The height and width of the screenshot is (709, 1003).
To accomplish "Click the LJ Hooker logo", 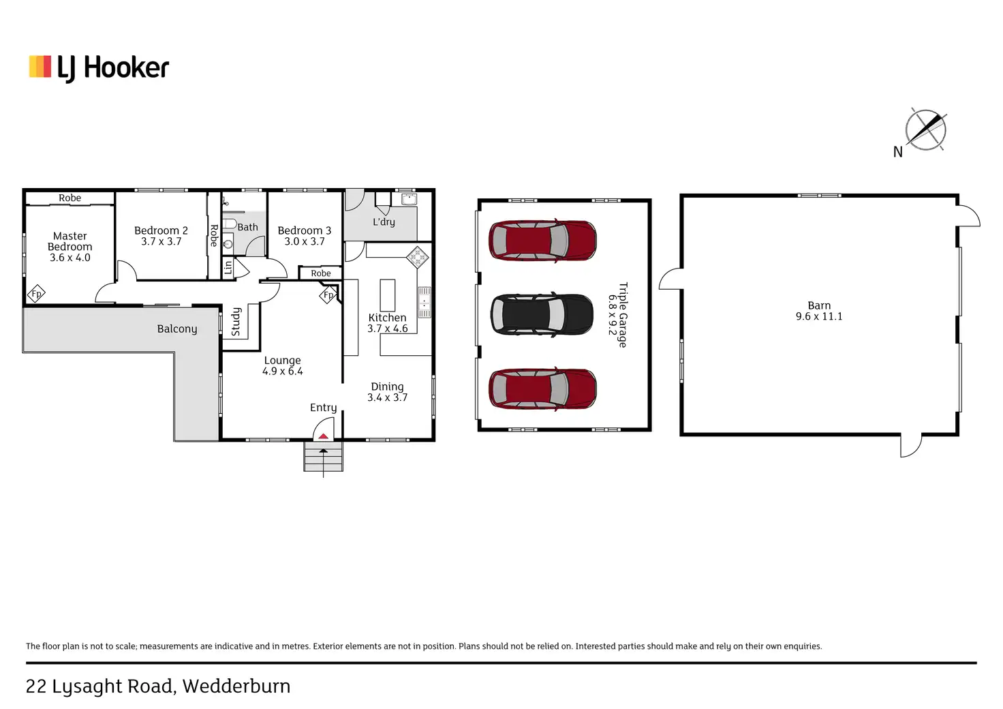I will tap(99, 68).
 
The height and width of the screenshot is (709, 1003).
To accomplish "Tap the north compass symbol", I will tap(925, 130).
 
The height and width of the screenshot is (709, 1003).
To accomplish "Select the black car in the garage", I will tap(542, 314).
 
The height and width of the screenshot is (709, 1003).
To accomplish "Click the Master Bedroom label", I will tap(70, 241).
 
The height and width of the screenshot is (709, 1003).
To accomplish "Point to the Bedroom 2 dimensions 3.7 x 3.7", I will tap(161, 242).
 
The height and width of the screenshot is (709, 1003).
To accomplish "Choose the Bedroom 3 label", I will tap(304, 230).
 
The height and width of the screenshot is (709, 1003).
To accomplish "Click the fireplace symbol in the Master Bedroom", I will tap(36, 294).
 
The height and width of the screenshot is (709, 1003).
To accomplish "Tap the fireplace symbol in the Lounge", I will tap(328, 295).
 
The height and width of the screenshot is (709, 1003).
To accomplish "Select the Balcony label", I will tap(176, 329).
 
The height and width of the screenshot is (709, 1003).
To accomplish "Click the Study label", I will tap(236, 322).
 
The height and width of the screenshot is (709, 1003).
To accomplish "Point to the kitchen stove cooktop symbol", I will tap(417, 258).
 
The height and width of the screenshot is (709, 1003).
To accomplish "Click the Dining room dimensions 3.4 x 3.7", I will tap(387, 397).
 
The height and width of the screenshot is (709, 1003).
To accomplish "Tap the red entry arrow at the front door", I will tap(324, 436).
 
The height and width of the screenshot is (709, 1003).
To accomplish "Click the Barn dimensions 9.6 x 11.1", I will tap(819, 316).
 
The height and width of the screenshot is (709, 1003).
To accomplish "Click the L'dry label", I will tap(384, 222).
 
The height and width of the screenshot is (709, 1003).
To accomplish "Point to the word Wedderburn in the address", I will tap(236, 686).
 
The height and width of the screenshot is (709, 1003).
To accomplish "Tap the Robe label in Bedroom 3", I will tap(320, 273).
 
